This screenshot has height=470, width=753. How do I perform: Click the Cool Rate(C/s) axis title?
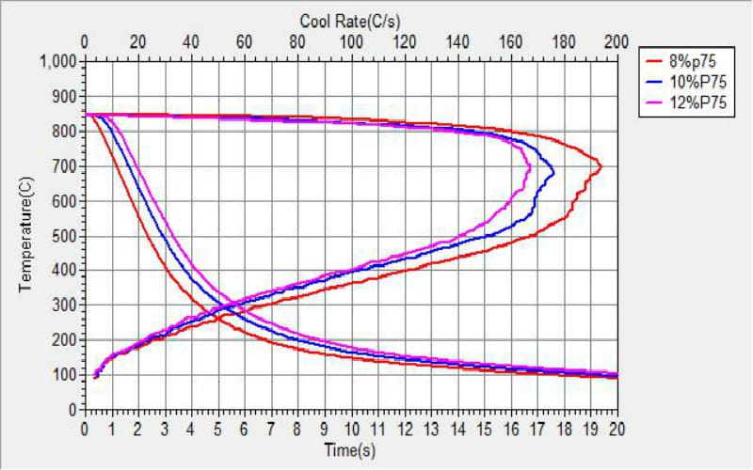[351, 20]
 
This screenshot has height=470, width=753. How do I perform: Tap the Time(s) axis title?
[350, 449]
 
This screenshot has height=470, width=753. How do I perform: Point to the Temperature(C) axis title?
[25, 235]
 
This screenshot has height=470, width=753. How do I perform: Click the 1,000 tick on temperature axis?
[58, 62]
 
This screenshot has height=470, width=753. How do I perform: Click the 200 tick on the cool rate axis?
[617, 41]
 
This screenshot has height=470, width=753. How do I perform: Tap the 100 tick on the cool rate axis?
[351, 41]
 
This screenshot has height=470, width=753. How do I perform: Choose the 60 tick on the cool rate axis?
[245, 41]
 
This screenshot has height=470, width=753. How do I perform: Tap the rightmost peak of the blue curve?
[553, 173]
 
